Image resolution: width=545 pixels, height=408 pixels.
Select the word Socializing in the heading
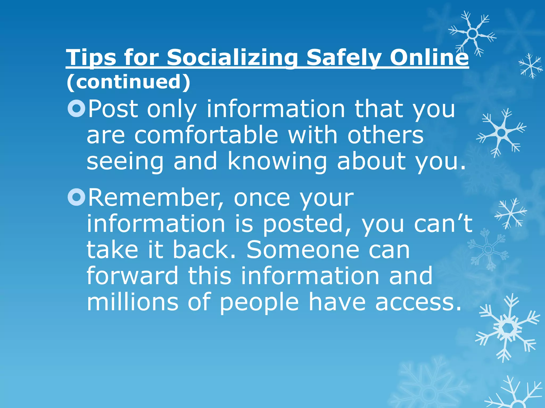pos(232,57)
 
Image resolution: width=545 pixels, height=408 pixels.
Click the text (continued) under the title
pos(129,82)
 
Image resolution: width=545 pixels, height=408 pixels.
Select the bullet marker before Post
pos(76,108)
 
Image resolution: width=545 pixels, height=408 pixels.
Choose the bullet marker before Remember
pos(76,197)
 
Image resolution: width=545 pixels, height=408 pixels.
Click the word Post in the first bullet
pos(113,109)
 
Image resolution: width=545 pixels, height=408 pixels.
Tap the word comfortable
pos(206,135)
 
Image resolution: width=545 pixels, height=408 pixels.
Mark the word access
pos(418,303)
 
